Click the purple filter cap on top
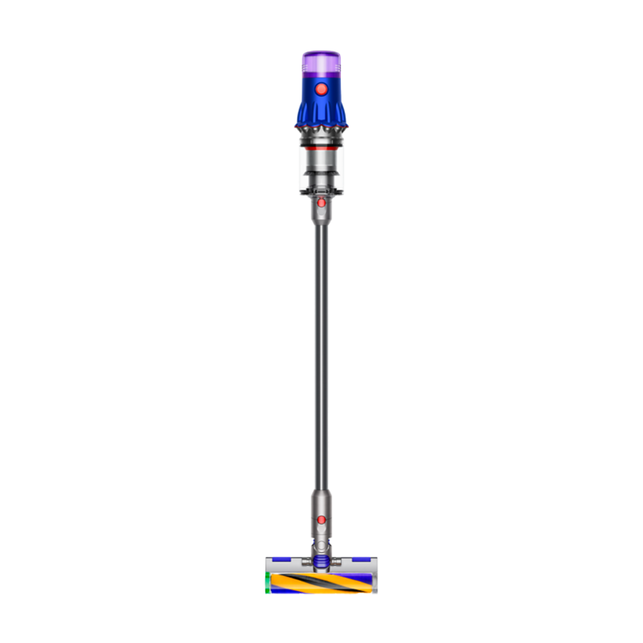pyautogui.click(x=321, y=60)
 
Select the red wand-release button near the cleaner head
pyautogui.click(x=321, y=520)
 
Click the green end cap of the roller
pyautogui.click(x=267, y=584)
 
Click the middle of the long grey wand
pyautogui.click(x=321, y=354)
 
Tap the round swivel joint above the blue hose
pyautogui.click(x=321, y=545)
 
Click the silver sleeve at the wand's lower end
pyautogui.click(x=321, y=502)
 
